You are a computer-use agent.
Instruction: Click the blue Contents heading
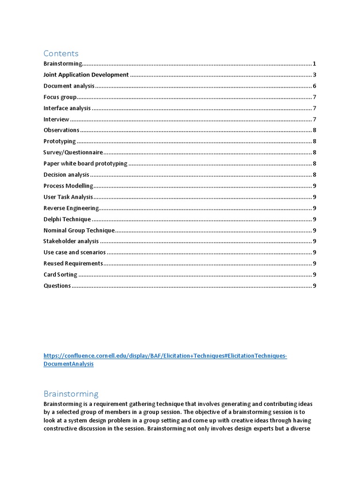click(x=61, y=53)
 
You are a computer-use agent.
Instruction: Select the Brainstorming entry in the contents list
click(x=63, y=64)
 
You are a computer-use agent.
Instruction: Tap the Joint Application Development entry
click(x=86, y=75)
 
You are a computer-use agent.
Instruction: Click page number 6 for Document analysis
click(x=315, y=86)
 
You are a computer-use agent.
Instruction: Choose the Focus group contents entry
click(x=60, y=97)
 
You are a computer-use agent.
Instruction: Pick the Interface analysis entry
click(x=67, y=108)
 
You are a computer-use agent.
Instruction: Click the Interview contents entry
click(x=56, y=120)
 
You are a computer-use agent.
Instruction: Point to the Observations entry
click(x=61, y=130)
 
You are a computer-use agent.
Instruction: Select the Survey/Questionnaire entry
click(x=73, y=152)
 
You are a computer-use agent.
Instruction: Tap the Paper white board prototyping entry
click(x=85, y=164)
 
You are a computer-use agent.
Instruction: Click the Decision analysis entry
click(x=66, y=175)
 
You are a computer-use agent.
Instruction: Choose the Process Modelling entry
click(x=68, y=186)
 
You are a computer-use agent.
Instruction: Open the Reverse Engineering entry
click(x=71, y=208)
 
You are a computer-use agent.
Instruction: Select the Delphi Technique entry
click(x=67, y=219)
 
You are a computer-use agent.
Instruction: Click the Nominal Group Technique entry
click(x=79, y=230)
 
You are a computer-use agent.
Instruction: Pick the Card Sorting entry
click(x=60, y=275)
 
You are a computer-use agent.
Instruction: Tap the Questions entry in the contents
click(x=57, y=286)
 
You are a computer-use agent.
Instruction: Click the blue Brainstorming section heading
click(x=71, y=394)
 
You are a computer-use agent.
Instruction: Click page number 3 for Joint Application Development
click(x=315, y=75)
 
